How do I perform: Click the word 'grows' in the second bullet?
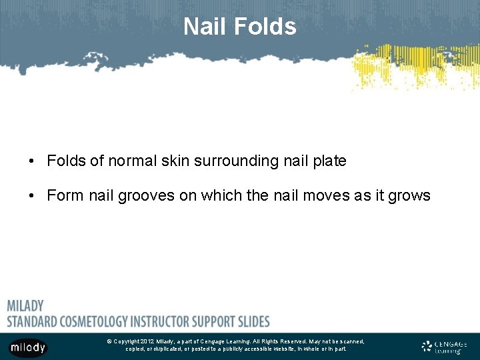tap(411, 196)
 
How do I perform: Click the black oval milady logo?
tap(27, 347)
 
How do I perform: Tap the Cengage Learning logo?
tap(444, 347)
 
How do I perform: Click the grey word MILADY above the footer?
tap(25, 306)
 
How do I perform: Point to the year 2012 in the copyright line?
tap(147, 341)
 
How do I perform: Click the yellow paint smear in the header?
tap(413, 67)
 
